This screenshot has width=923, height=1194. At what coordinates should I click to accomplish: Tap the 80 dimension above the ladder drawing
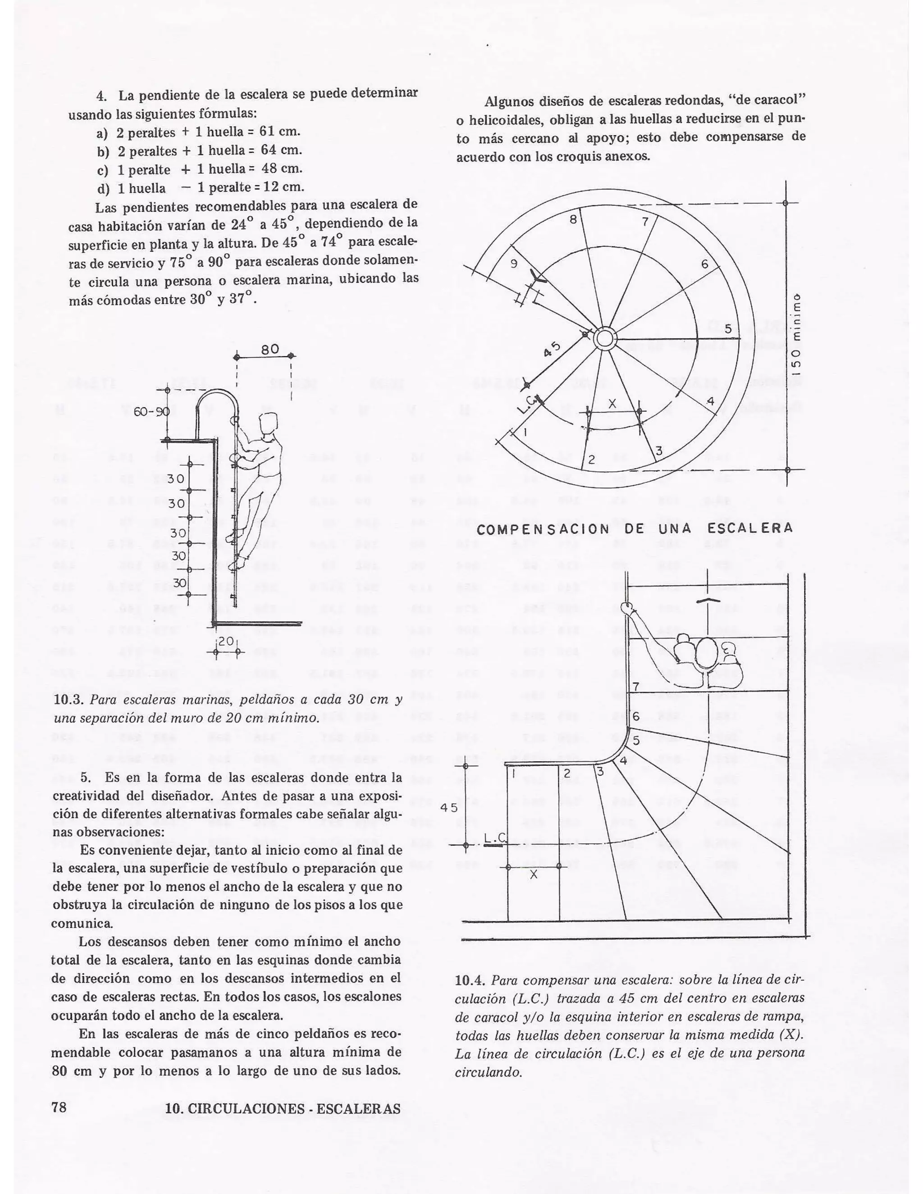[x=270, y=349]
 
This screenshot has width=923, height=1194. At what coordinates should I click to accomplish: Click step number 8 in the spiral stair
[x=573, y=220]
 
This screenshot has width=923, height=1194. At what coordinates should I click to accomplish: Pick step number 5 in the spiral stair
[x=728, y=329]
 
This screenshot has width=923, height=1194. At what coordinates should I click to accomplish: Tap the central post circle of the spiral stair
[x=605, y=339]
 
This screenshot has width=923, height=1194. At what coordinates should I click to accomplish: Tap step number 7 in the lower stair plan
[x=635, y=687]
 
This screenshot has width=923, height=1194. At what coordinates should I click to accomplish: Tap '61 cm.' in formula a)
[x=279, y=131]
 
